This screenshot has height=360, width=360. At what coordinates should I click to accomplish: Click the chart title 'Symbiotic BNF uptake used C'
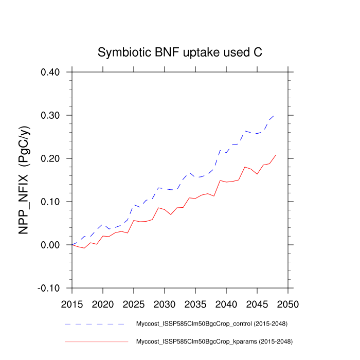point(180,53)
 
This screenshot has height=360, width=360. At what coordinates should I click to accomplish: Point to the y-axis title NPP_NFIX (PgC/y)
point(23,179)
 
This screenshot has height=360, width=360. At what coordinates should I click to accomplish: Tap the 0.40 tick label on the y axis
point(50,72)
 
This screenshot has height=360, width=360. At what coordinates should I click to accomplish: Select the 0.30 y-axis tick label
point(50,115)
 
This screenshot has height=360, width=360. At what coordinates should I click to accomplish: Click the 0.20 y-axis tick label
point(50,158)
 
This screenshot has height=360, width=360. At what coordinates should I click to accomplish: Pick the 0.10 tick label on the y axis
point(50,202)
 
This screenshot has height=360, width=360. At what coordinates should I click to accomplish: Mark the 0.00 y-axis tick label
point(50,245)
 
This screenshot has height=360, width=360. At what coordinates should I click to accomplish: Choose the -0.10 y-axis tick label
point(49,288)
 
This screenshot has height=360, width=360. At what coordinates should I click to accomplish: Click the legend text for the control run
point(211,324)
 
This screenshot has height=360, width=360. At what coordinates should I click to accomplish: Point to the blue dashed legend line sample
point(96,325)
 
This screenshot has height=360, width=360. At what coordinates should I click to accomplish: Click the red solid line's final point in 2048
point(275,155)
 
